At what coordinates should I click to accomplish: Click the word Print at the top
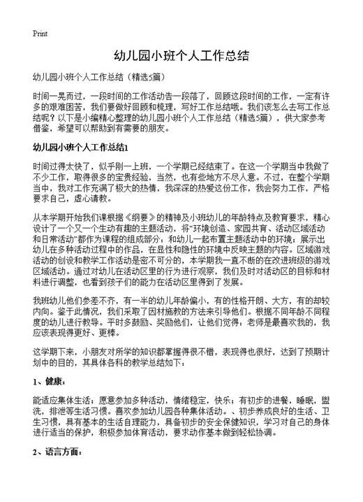tap(39, 34)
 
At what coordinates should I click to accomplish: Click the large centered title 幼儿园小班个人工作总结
tap(181, 55)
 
